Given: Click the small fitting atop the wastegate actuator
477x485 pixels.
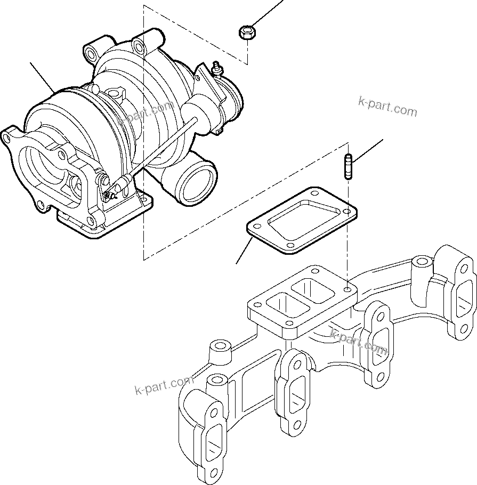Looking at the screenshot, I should [217, 68].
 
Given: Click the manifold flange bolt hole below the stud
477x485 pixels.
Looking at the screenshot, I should [348, 290].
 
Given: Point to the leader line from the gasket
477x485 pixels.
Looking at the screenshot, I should [244, 252].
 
